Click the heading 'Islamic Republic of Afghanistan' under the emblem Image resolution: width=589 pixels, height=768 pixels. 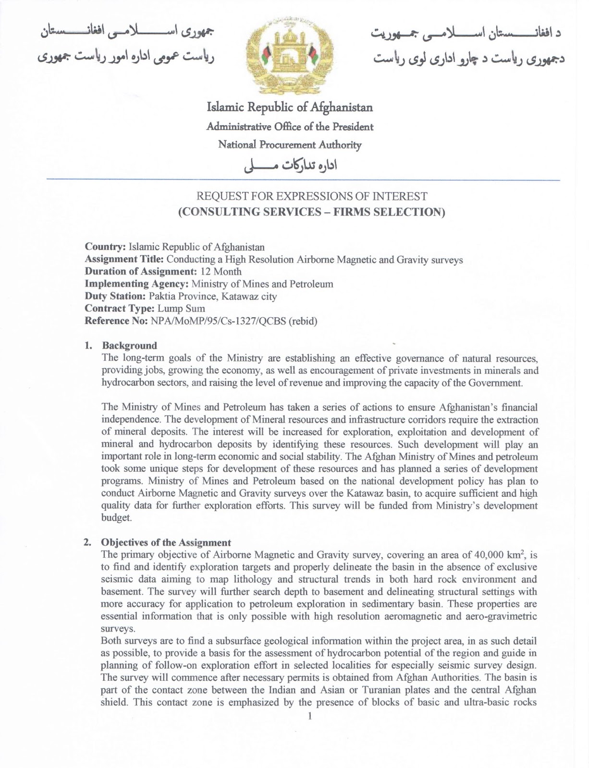(289, 108)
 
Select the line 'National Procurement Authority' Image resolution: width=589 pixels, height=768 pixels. (289, 144)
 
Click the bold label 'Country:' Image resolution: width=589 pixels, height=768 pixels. (105, 247)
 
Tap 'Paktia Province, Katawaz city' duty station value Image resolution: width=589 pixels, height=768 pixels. (213, 297)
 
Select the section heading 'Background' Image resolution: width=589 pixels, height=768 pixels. (129, 346)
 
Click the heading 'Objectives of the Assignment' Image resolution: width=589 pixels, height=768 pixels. (166, 543)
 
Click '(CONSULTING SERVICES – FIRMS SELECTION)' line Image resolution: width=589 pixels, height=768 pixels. (311, 212)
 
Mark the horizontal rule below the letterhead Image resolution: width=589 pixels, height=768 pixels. (303, 180)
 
